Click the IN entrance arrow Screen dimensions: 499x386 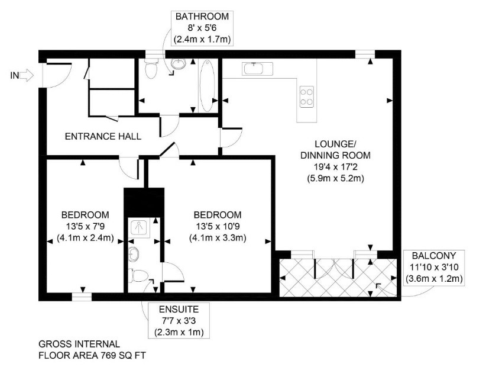(27, 76)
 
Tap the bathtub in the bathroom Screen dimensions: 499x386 (207, 85)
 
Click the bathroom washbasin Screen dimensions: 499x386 (179, 63)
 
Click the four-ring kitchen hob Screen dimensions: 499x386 (306, 97)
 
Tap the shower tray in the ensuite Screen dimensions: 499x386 (141, 228)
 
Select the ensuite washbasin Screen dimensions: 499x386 (134, 254)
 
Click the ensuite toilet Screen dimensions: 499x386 (138, 275)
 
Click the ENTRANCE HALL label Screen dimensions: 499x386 (103, 136)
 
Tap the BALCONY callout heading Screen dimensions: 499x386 (434, 256)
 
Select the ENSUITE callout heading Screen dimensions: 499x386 (179, 309)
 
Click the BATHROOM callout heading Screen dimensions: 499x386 (202, 16)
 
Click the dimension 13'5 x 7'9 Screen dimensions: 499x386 (85, 226)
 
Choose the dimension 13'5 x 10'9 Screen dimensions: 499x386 (218, 226)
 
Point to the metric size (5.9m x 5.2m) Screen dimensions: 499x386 (335, 178)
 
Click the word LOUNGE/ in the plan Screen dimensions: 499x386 (335, 144)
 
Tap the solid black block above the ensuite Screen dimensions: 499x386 (144, 202)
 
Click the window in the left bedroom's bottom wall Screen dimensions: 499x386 (82, 297)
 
